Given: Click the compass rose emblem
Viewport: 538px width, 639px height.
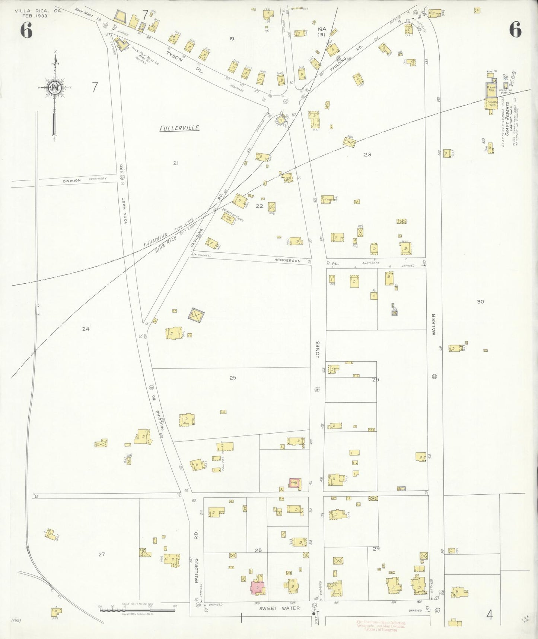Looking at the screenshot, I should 55,88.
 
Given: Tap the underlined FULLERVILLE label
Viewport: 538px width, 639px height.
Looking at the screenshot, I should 179,128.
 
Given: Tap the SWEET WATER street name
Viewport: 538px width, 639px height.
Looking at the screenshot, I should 279,608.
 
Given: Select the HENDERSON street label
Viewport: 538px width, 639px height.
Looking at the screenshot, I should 287,261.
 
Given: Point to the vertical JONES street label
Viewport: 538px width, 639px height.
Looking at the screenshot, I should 318,349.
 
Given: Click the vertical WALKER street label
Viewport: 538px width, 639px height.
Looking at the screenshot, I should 434,325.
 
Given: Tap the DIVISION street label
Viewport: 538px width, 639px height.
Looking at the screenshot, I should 71,180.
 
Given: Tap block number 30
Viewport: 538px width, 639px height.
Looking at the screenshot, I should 480,302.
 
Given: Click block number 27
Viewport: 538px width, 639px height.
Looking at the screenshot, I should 102,554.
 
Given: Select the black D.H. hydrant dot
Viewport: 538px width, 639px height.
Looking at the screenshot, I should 314,614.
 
